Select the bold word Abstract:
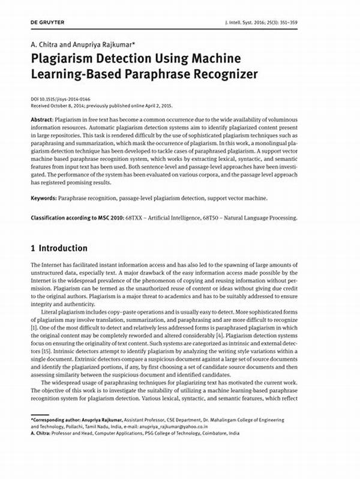tap(41, 120)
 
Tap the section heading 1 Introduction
tap(58, 248)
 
